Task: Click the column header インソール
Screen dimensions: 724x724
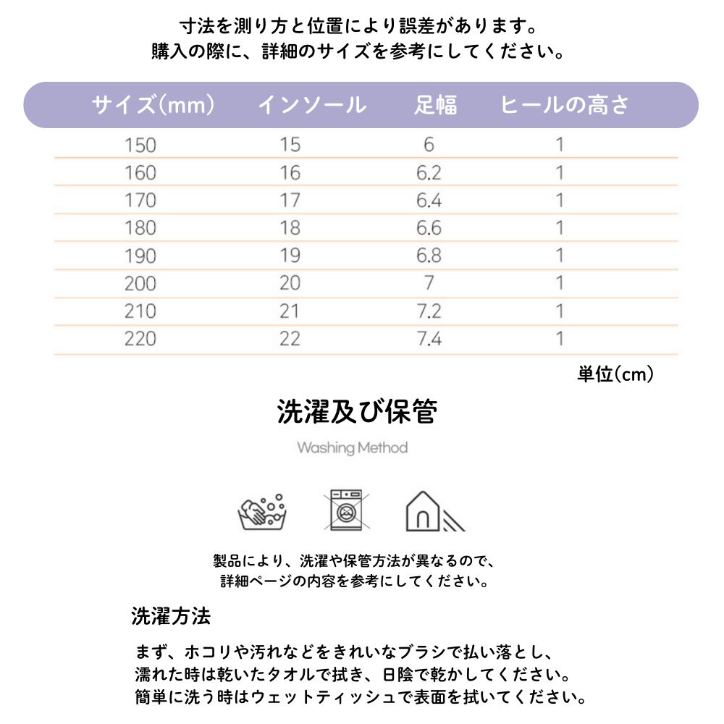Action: click(x=312, y=106)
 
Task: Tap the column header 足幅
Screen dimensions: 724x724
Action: click(x=436, y=106)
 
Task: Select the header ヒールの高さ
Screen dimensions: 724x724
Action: click(x=565, y=106)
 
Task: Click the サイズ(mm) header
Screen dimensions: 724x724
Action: click(x=153, y=106)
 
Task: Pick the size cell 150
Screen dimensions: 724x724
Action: click(x=140, y=145)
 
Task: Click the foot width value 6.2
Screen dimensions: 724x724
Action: click(x=429, y=173)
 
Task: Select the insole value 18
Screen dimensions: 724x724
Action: click(x=290, y=228)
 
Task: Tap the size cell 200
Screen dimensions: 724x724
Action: click(x=140, y=283)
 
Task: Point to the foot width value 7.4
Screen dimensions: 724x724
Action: click(x=429, y=338)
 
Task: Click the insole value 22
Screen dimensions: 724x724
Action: click(x=290, y=338)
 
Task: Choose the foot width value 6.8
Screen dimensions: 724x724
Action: click(x=429, y=256)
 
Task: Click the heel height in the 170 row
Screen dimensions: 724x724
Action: click(x=559, y=201)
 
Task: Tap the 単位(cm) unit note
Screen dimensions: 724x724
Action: click(x=615, y=374)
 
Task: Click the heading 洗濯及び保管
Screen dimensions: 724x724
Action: click(x=357, y=413)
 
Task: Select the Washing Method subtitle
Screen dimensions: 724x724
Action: click(x=353, y=448)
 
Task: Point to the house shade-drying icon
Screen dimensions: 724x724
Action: click(x=432, y=512)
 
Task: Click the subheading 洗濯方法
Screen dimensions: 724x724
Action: click(x=171, y=616)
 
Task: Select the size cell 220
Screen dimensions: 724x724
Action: click(x=140, y=338)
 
